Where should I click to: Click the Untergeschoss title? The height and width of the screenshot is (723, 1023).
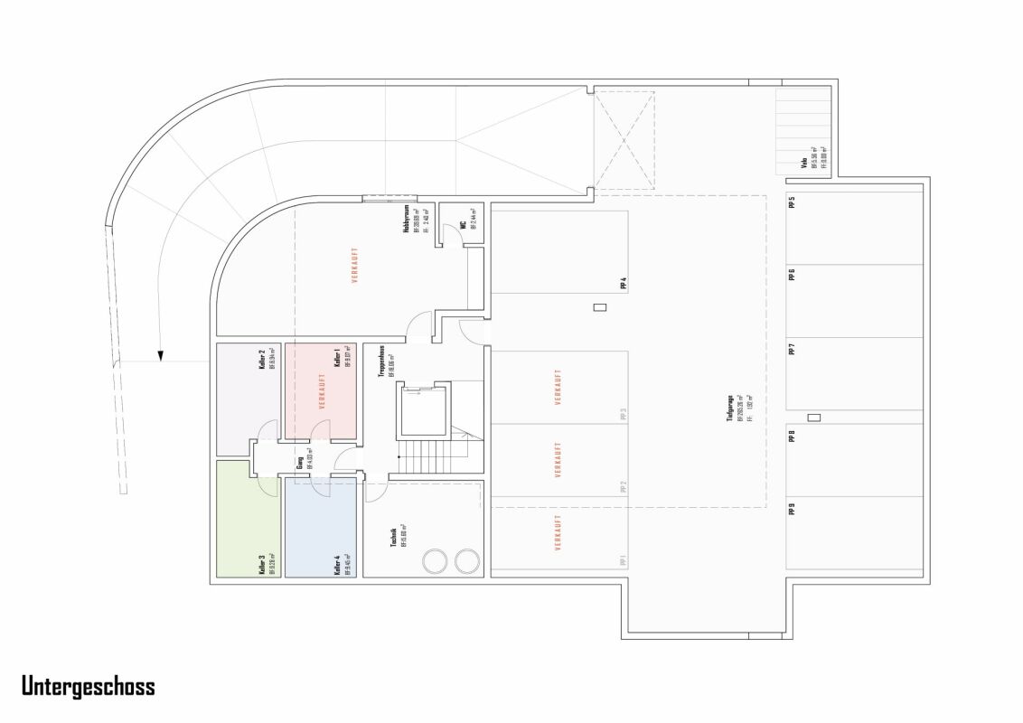pos(89,687)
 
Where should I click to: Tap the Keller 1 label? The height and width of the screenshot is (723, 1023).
pos(337,359)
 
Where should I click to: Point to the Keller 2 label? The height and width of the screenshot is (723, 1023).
pos(261,359)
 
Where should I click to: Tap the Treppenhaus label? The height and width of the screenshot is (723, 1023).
pos(383,361)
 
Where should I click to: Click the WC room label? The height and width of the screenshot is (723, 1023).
pos(462,223)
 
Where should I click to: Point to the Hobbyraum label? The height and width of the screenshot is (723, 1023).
pos(407,222)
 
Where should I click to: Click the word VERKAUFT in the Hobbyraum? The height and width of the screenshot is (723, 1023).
pos(354,267)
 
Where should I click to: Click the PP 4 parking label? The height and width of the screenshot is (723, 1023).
pos(623,284)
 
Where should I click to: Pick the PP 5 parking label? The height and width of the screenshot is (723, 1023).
pos(792,203)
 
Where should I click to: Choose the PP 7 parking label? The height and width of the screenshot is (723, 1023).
pos(792,350)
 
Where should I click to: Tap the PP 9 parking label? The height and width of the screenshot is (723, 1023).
pos(792,509)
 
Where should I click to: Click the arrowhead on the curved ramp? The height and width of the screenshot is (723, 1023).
pos(159,355)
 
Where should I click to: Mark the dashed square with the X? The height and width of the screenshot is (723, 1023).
pos(624,140)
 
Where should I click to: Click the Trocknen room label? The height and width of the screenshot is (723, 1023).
pos(394,537)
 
